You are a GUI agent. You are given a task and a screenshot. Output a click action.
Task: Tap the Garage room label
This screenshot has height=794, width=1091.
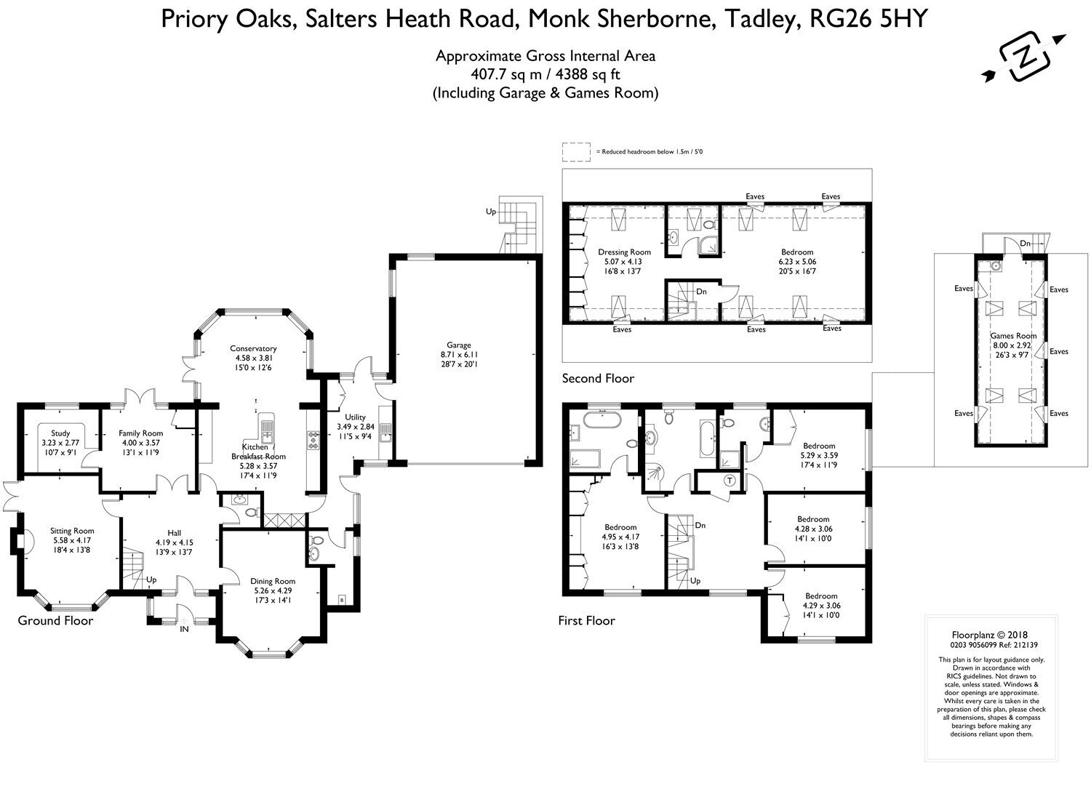pyautogui.click(x=459, y=345)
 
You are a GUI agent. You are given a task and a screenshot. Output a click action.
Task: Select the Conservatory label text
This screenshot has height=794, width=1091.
pyautogui.click(x=253, y=348)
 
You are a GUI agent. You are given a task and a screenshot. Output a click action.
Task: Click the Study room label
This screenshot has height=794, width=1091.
pyautogui.click(x=60, y=433)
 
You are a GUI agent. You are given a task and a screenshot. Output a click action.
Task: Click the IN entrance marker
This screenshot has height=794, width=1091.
pyautogui.click(x=184, y=629)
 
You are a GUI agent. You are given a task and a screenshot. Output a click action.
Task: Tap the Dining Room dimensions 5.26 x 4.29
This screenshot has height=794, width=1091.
pyautogui.click(x=273, y=590)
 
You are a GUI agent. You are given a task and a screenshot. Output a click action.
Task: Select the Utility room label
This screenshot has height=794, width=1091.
pyautogui.click(x=355, y=417)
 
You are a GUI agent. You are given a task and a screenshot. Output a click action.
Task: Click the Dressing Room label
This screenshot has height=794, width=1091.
pyautogui.click(x=624, y=252)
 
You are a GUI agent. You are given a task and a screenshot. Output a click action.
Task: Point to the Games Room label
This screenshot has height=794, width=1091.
pyautogui.click(x=1014, y=336)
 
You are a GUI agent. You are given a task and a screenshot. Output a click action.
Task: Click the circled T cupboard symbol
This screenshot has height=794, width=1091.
pyautogui.click(x=730, y=481)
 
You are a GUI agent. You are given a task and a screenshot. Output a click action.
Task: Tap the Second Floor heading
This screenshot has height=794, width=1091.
pyautogui.click(x=598, y=378)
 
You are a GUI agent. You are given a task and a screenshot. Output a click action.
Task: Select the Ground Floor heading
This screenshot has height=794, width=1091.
pyautogui.click(x=55, y=620)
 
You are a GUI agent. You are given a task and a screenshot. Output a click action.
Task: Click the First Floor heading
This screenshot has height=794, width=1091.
pyautogui.click(x=586, y=620)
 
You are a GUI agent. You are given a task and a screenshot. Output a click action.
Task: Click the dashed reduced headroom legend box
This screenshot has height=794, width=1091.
pyautogui.click(x=577, y=152)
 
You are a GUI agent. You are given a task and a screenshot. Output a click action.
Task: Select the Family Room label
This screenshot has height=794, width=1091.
pyautogui.click(x=141, y=433)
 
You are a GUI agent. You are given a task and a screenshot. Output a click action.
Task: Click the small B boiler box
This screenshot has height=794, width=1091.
pyautogui.click(x=342, y=601)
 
